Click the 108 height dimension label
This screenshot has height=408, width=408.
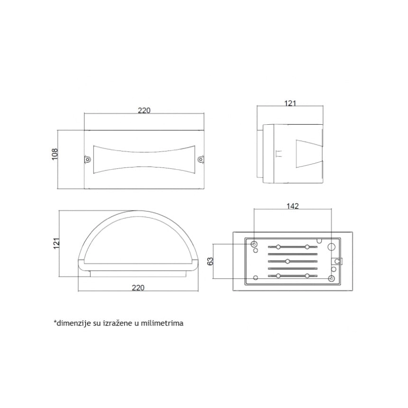coord(55,154)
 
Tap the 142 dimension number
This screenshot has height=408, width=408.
coord(292,206)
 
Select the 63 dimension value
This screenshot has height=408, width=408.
coord(210,261)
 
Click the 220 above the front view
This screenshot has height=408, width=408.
coord(144,111)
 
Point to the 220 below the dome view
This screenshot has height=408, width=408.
coord(138,288)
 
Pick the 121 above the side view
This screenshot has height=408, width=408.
coord(290,103)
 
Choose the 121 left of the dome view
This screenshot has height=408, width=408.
coord(57,243)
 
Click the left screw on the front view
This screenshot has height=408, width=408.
coord(87,159)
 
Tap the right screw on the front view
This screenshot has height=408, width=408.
coord(201,159)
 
